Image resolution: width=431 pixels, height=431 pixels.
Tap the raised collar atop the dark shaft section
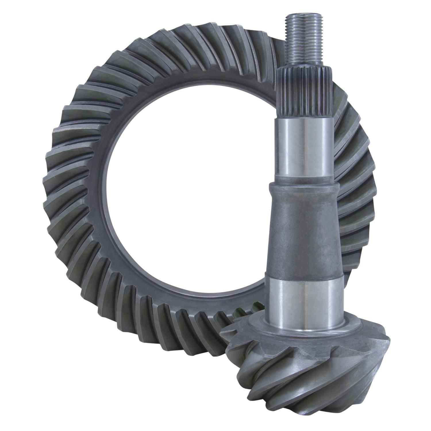305,187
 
